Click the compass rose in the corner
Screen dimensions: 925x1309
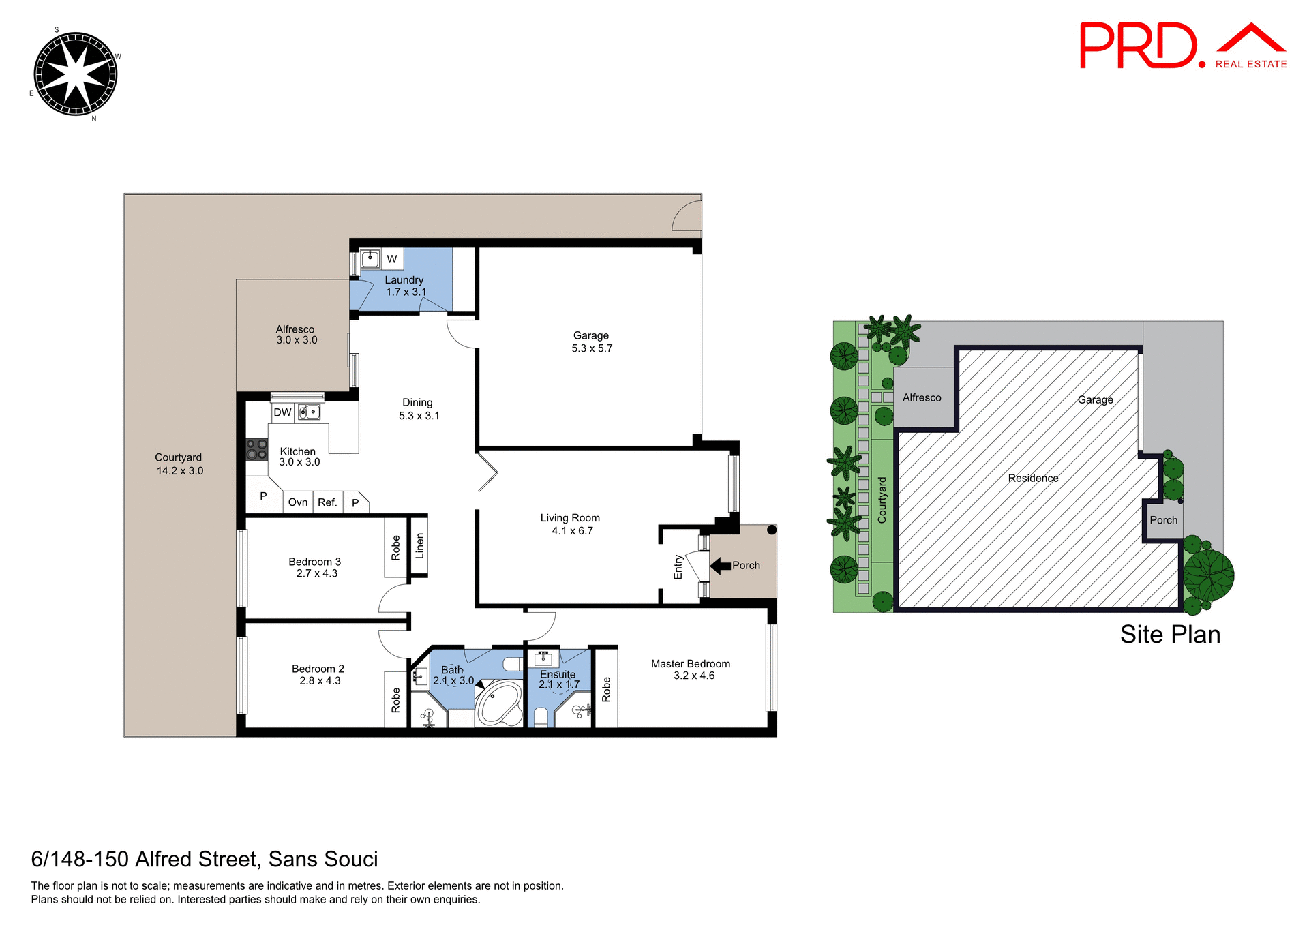click(x=76, y=74)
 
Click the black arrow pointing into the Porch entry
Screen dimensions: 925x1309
click(x=720, y=565)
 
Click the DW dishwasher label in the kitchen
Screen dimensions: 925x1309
click(x=282, y=412)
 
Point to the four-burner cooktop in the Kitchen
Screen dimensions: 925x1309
click(x=256, y=450)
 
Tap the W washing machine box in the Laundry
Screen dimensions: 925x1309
click(x=392, y=259)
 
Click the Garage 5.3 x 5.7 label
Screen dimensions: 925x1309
click(x=591, y=342)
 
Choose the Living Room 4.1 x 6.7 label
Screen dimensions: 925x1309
click(x=571, y=524)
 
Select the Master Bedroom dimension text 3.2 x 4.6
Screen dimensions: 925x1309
click(x=694, y=676)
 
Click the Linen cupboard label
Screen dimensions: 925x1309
click(x=419, y=546)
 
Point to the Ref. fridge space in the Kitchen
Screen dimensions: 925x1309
click(x=327, y=502)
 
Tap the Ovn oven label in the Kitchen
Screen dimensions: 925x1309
click(x=298, y=502)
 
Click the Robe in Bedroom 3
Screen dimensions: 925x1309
click(x=395, y=548)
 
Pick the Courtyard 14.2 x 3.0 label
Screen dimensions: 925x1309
click(x=179, y=464)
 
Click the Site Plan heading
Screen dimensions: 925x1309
click(x=1170, y=635)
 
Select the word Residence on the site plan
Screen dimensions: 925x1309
click(x=1033, y=479)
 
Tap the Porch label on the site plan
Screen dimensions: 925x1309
click(x=1163, y=520)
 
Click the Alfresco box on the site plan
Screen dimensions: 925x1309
click(x=922, y=397)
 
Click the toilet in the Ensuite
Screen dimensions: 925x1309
click(x=541, y=716)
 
